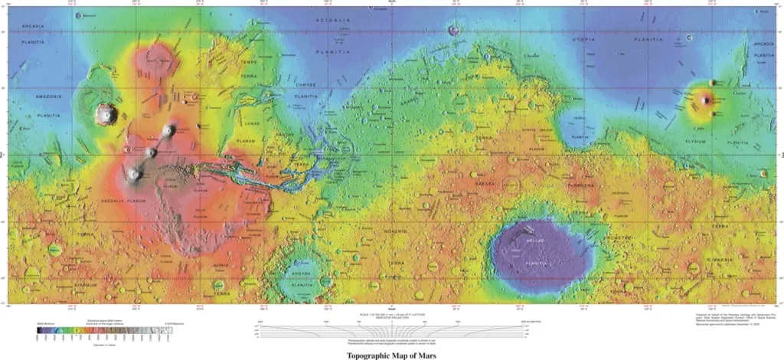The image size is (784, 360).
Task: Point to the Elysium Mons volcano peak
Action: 705,100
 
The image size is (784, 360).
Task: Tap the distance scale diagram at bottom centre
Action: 392,330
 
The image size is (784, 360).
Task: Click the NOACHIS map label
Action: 396,229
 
